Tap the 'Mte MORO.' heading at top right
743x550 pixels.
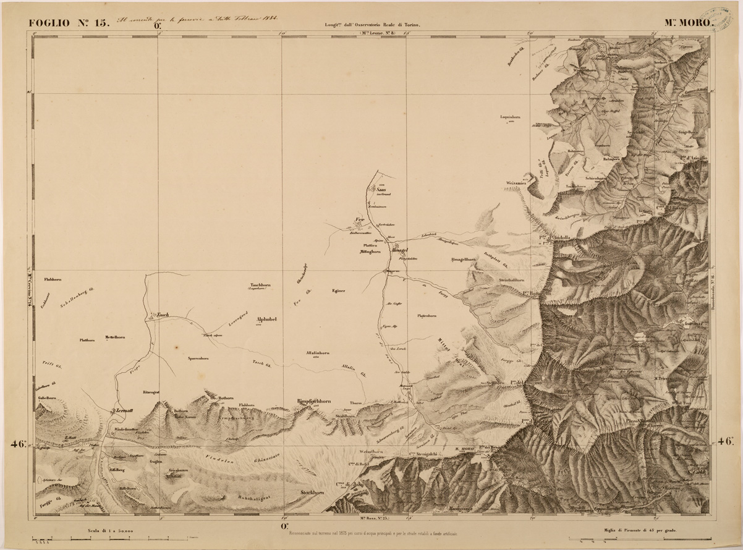pyautogui.click(x=689, y=23)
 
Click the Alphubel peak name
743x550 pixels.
pyautogui.click(x=266, y=319)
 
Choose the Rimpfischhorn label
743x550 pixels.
pyautogui.click(x=314, y=401)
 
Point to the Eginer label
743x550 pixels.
pyautogui.click(x=338, y=290)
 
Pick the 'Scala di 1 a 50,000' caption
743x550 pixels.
pyautogui.click(x=107, y=531)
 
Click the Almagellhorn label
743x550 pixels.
pyautogui.click(x=463, y=260)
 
